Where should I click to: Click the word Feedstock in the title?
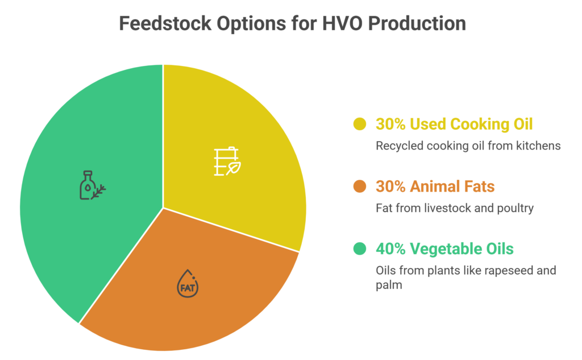(x=165, y=23)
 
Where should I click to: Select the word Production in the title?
(x=417, y=23)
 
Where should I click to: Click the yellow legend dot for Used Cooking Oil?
(x=360, y=124)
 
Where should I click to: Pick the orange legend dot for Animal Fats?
(x=360, y=187)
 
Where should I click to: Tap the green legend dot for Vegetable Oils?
(x=360, y=249)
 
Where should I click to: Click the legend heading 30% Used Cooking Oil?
(x=454, y=124)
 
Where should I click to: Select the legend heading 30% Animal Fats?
(x=435, y=187)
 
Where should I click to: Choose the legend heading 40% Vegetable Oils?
(x=444, y=249)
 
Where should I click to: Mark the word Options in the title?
(x=251, y=23)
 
